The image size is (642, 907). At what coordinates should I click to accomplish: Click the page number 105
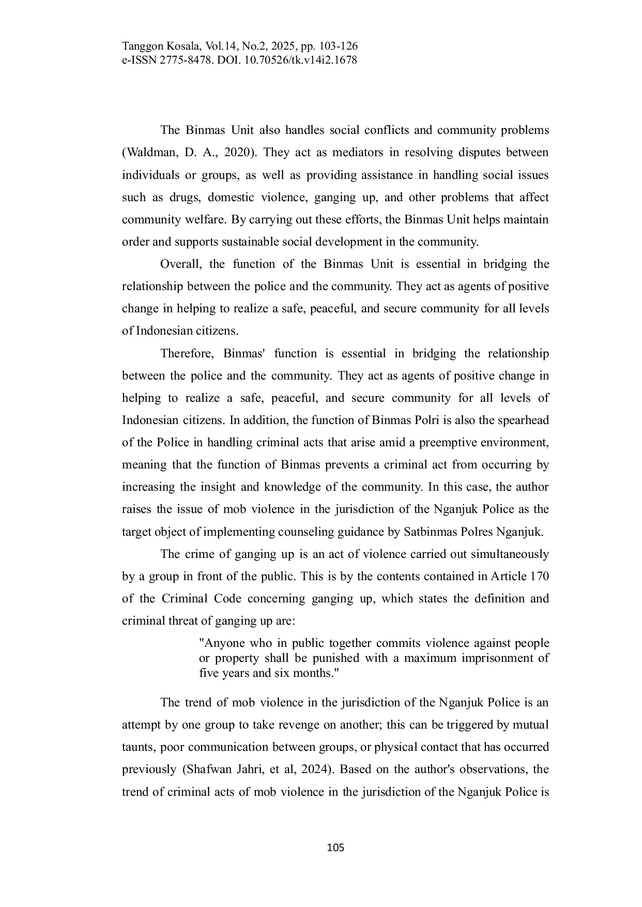click(335, 848)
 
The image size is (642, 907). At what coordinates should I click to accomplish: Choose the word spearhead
click(523, 420)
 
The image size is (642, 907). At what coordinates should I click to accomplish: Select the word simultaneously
click(506, 554)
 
